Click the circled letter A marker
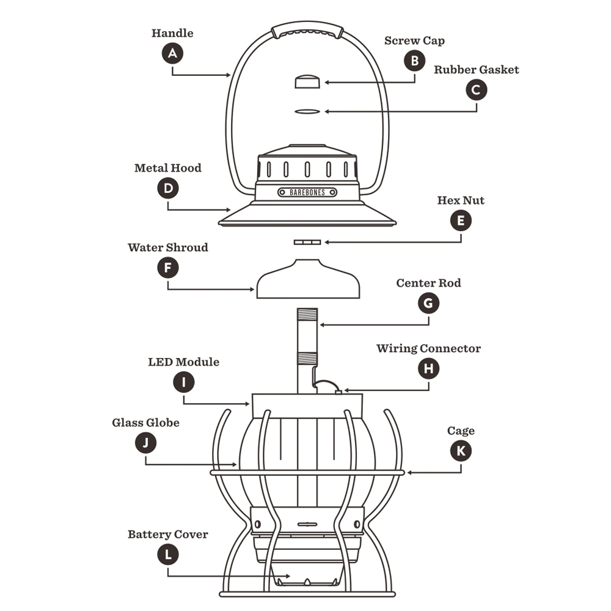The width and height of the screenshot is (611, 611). click(x=173, y=53)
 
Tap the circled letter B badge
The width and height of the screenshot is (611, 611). click(x=414, y=60)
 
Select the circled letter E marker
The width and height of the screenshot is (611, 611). click(x=461, y=221)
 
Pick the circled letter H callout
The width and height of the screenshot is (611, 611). click(x=428, y=368)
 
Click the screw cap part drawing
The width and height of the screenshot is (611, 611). click(x=307, y=81)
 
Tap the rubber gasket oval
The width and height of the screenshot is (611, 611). click(x=307, y=111)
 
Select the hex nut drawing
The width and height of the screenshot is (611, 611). click(x=307, y=243)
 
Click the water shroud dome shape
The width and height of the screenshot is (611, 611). click(x=307, y=281)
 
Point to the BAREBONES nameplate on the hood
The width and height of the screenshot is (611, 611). click(x=307, y=192)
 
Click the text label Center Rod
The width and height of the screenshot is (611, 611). click(x=428, y=284)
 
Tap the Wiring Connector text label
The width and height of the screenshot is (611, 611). click(x=428, y=349)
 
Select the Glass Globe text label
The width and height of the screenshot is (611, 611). click(x=145, y=423)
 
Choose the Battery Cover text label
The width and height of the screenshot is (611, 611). click(x=167, y=535)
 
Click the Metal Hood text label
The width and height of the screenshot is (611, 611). click(x=167, y=168)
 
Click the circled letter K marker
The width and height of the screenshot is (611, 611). click(x=461, y=451)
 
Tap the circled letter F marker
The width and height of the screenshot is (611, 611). click(x=167, y=268)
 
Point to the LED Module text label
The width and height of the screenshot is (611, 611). click(x=183, y=362)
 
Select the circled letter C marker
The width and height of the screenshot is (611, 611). click(x=477, y=90)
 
